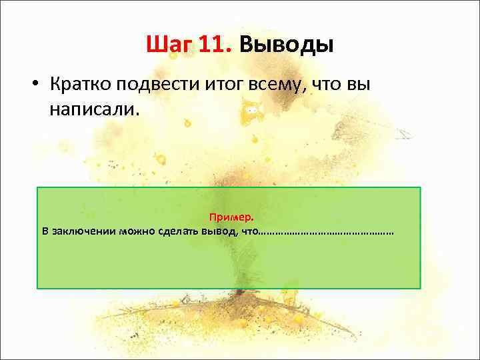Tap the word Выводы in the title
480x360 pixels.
[x=286, y=45]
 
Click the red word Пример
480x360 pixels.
[x=231, y=217]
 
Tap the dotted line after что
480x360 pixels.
[x=325, y=232]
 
